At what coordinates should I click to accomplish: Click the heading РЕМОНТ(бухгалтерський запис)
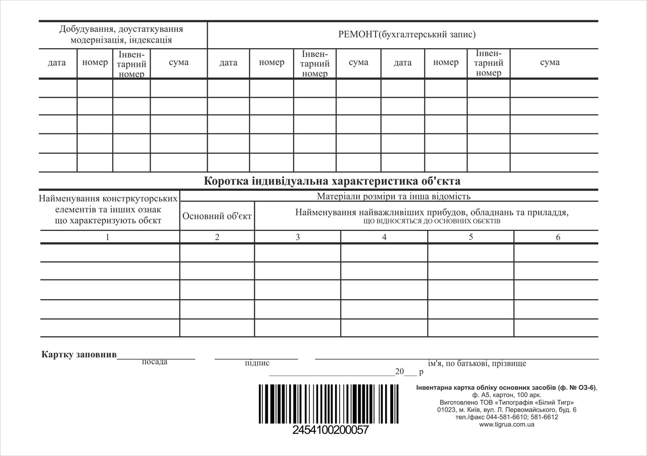click(x=407, y=35)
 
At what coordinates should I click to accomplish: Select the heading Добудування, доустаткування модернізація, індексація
click(x=121, y=34)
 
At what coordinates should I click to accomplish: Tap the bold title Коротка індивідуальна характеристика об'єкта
click(x=332, y=181)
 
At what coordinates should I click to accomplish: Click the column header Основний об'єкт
click(x=217, y=216)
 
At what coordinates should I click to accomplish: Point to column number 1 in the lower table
click(x=107, y=237)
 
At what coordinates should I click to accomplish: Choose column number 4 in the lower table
click(x=384, y=237)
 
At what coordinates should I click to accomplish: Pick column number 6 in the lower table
click(x=558, y=237)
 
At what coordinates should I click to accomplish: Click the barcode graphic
click(x=329, y=404)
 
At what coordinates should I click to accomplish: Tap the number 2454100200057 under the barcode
click(x=331, y=431)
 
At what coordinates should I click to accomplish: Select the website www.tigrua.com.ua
click(x=506, y=425)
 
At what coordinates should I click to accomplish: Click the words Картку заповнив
click(x=79, y=354)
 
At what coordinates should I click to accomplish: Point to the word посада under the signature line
click(x=155, y=362)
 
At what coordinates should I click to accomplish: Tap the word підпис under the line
click(x=257, y=363)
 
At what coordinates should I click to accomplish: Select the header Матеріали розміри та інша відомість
click(x=394, y=196)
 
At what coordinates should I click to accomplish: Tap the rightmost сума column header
click(x=549, y=62)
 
